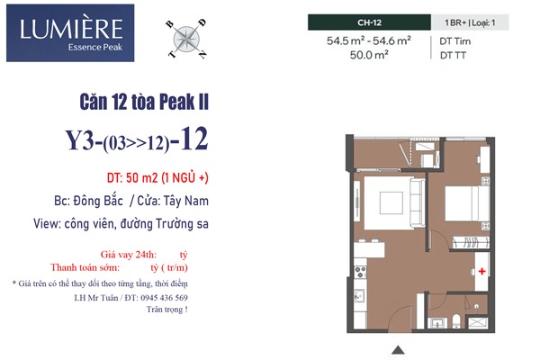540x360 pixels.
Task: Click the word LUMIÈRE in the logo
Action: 71,29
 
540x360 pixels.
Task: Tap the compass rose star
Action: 186,39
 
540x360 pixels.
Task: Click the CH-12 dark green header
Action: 369,22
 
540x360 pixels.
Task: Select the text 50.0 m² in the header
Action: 369,55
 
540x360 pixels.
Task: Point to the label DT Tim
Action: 454,41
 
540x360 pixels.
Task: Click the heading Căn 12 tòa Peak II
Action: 144,102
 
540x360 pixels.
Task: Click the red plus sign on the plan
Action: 481,271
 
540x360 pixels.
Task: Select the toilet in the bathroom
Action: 456,321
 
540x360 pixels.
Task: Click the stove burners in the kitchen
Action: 360,272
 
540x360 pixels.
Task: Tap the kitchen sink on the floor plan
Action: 359,295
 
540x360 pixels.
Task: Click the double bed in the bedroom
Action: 467,203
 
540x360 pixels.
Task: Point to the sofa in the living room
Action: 418,203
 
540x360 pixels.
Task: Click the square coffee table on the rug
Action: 391,202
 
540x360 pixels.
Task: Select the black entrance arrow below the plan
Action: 398,350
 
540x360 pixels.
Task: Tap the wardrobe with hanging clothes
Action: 470,242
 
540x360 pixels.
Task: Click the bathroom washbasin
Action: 437,323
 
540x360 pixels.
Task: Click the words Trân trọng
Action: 167,310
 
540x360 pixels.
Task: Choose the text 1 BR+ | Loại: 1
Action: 470,22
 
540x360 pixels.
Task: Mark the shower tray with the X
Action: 479,323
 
